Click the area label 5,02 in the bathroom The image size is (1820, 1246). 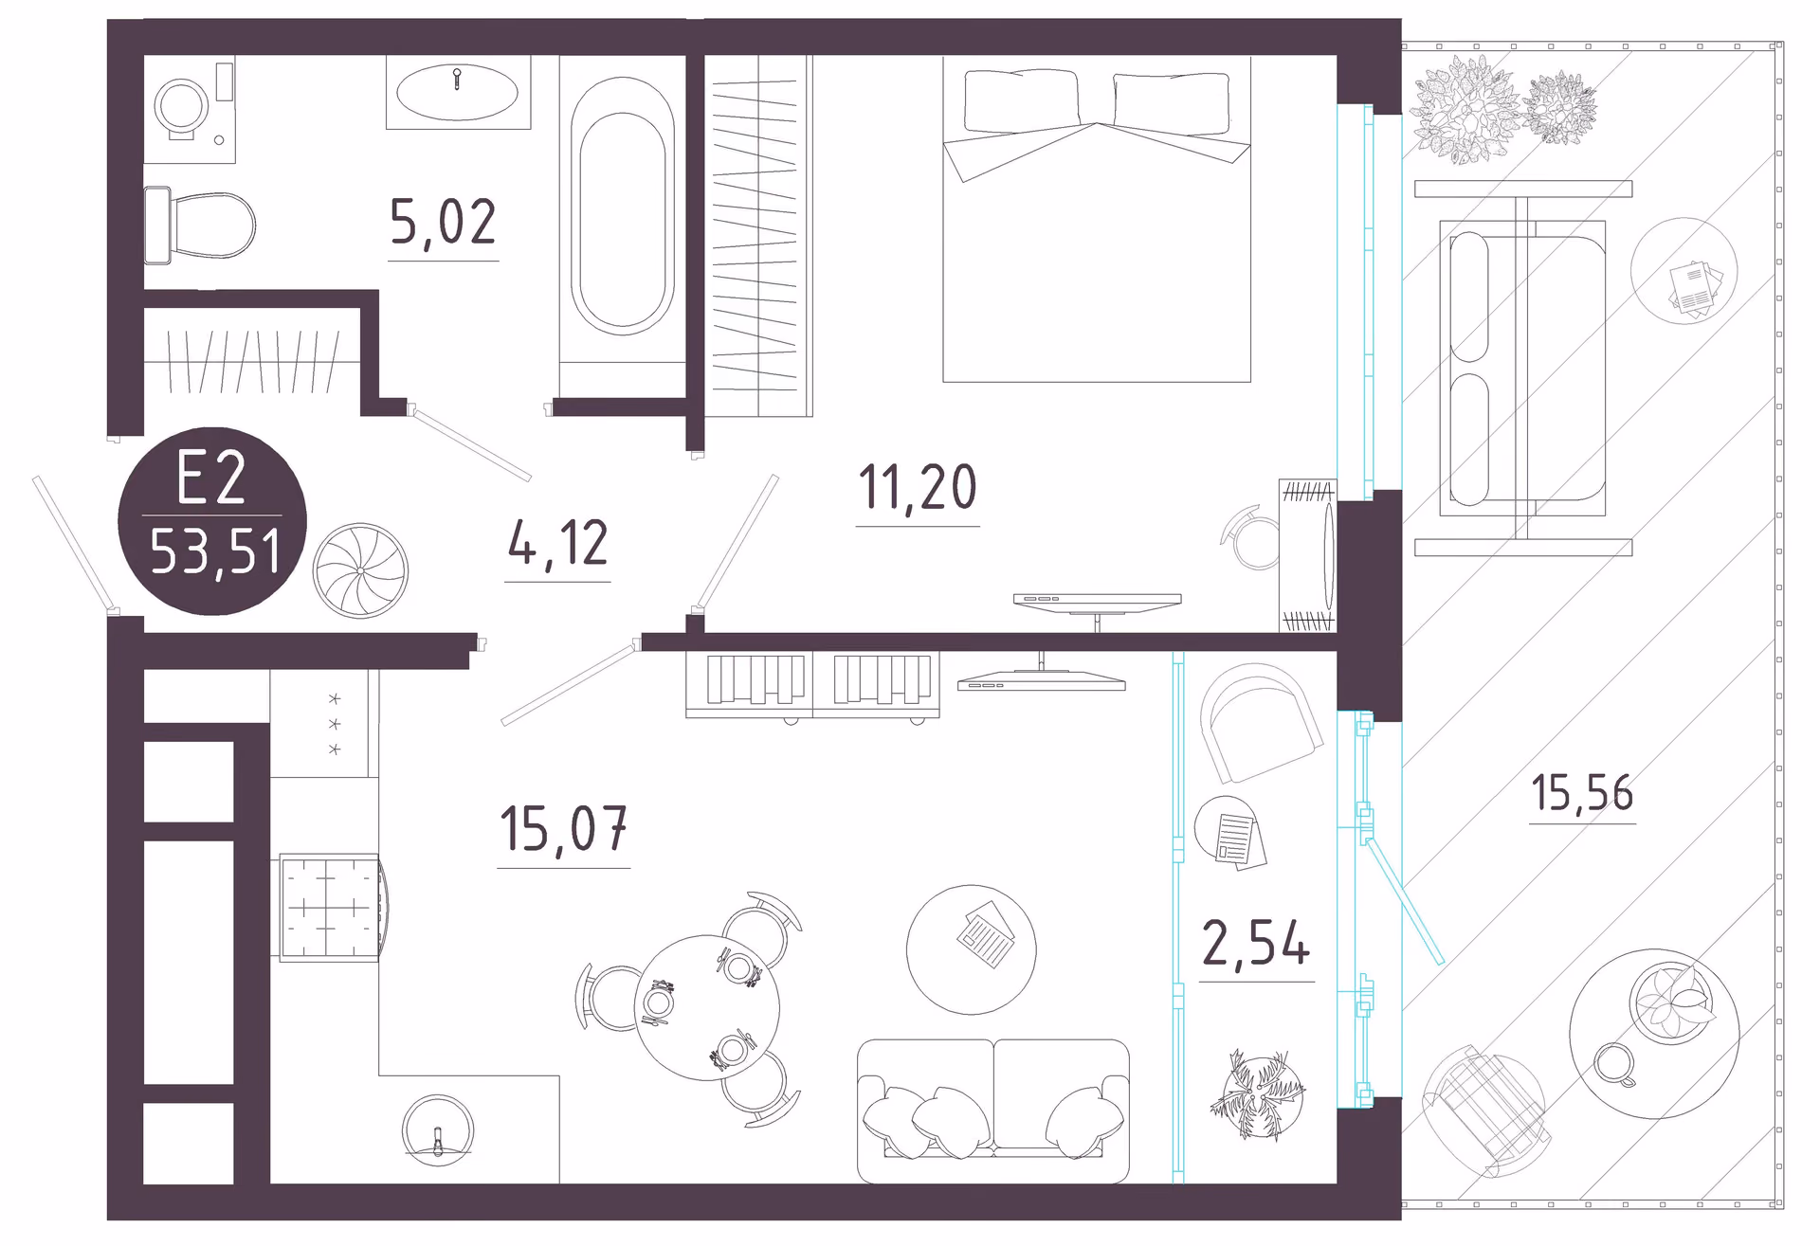[443, 223]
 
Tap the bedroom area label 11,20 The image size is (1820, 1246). [918, 487]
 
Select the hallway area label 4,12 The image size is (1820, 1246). [557, 543]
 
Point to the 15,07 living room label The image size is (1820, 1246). [563, 828]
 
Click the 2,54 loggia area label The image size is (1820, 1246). [1256, 944]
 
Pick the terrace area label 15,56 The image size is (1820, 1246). [1582, 792]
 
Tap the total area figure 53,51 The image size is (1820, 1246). [215, 551]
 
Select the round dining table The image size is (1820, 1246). [706, 1007]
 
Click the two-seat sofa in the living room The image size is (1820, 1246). [992, 1111]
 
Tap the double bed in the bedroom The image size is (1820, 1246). [1097, 219]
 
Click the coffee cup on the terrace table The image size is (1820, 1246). [1614, 1064]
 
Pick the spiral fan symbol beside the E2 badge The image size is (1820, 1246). [360, 570]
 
